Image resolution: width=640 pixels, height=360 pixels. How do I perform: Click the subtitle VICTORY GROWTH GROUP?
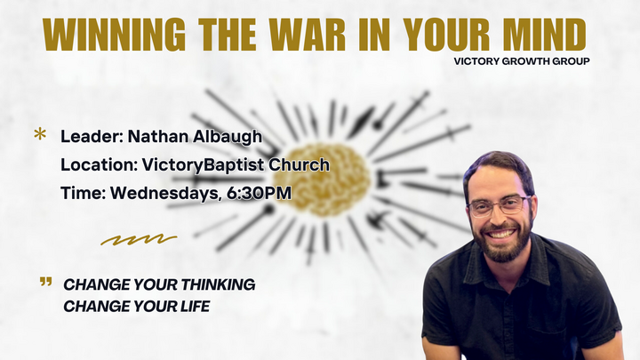[522, 61]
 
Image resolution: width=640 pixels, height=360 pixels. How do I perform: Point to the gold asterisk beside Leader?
[40, 135]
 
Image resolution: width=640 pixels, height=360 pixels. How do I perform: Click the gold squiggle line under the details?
[138, 239]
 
